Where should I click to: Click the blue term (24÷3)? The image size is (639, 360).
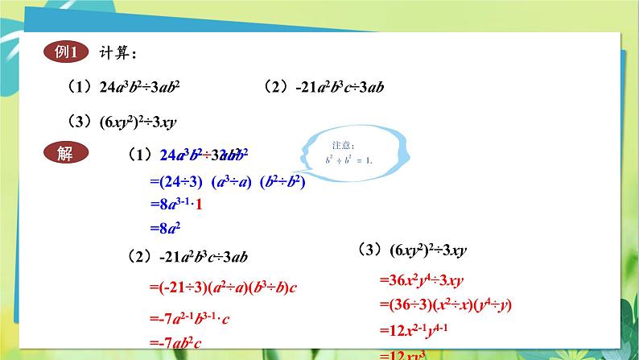181,182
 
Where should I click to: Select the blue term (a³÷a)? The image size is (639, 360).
233,182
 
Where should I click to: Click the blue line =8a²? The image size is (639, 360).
168,229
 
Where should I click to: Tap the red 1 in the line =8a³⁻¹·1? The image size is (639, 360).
200,205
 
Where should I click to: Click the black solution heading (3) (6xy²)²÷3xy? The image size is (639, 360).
411,250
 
